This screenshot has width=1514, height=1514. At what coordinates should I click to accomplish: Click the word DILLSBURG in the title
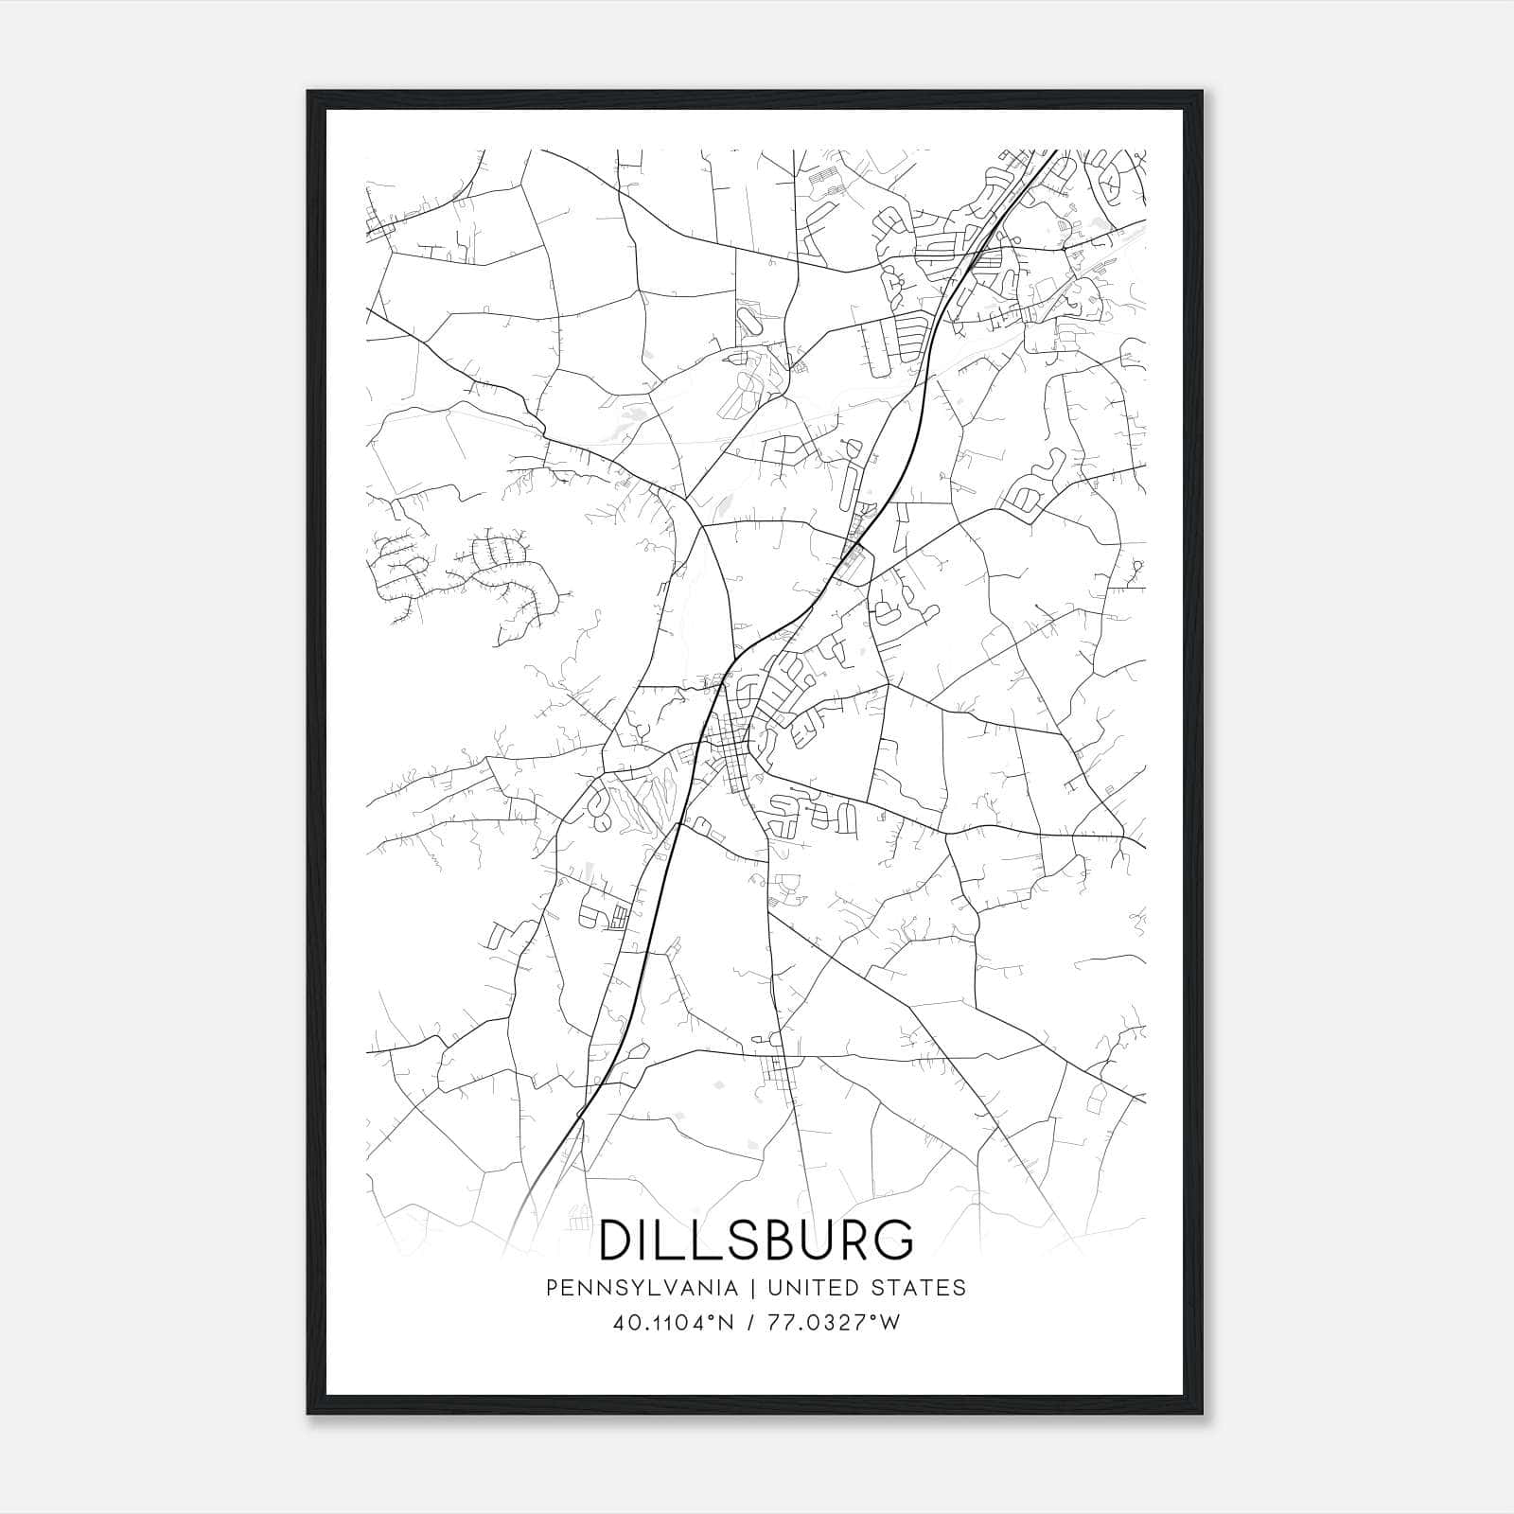pos(757,1240)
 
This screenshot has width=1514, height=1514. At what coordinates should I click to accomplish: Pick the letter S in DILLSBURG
pos(738,1240)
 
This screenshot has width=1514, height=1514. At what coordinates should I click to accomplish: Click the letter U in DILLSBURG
pos(812,1240)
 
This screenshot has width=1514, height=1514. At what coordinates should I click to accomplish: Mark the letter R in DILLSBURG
pos(852,1240)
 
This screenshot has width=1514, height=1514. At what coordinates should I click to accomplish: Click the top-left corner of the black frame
pos(308,92)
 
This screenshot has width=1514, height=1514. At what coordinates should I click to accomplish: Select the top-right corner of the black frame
pos(1202,92)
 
